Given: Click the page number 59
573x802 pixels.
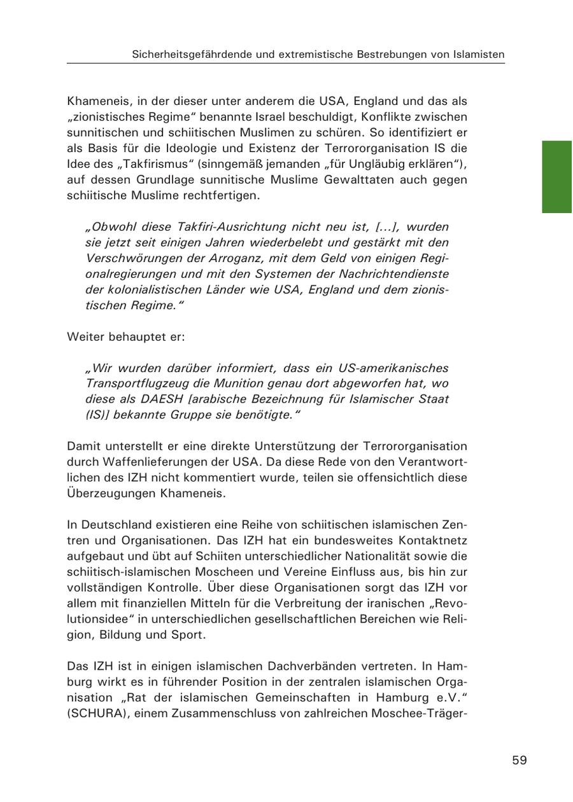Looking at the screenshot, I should coord(520,760).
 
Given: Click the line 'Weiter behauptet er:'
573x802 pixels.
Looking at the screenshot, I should coord(126,336).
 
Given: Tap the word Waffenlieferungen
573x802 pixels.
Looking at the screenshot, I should coord(149,462).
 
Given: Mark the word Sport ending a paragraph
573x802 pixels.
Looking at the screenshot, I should coord(190,634).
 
